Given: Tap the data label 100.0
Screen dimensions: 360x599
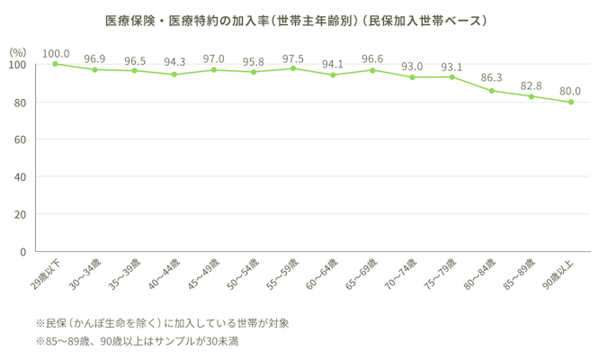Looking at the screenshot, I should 56,52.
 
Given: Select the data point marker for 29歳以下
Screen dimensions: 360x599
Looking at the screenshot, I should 55,64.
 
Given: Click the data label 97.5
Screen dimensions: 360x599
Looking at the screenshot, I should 293,58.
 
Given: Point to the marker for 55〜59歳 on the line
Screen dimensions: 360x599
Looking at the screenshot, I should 293,68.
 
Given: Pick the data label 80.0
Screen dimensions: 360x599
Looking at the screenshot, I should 570,91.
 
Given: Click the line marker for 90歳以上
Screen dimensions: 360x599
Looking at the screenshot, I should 570,102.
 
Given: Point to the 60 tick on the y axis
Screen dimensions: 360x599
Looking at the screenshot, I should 18,140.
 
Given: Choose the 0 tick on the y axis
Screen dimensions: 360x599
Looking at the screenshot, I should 22,252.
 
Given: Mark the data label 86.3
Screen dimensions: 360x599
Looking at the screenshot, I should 491,79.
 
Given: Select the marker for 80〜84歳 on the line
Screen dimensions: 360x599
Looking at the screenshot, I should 491,90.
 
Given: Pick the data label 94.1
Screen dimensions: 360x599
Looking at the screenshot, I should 333,64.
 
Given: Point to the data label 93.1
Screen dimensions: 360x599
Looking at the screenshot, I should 451,66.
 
